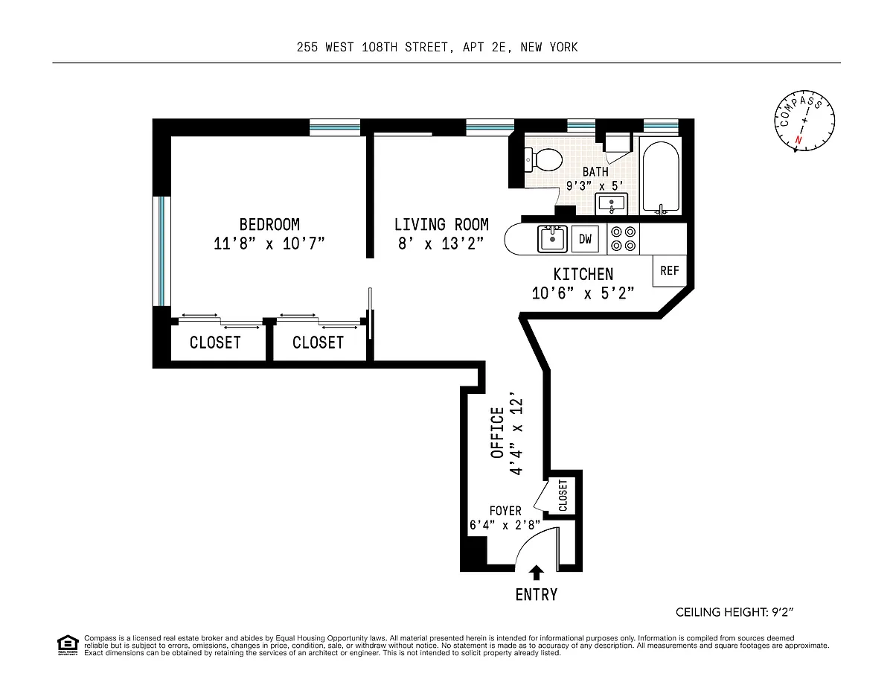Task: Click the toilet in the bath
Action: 543,160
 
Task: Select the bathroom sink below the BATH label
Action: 612,203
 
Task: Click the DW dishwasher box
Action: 585,239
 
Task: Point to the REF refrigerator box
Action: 670,270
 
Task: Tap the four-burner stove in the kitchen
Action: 623,239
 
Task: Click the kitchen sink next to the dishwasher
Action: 552,238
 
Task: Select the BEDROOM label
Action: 269,225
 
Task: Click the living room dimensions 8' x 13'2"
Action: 441,243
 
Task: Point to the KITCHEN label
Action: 583,274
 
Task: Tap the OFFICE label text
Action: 497,433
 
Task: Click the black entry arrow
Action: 536,573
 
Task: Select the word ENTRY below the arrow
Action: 537,594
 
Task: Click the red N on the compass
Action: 798,140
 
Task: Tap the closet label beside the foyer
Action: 563,495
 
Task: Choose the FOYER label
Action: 505,511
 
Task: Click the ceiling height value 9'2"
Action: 782,612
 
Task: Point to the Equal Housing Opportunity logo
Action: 68,646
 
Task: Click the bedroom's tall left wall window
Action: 161,251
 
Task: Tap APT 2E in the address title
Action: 484,47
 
